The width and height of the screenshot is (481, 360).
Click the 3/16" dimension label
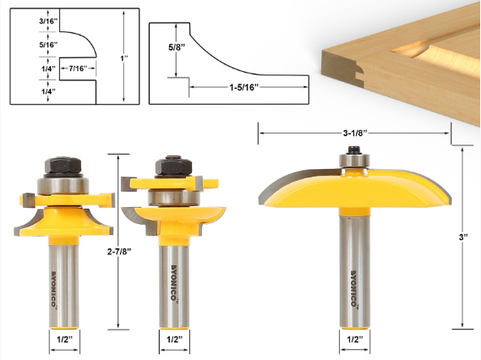[x=48, y=21]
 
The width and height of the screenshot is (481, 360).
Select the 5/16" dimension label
[x=48, y=45]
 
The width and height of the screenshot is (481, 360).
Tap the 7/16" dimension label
[x=78, y=68]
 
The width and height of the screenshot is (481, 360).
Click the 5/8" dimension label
[x=177, y=47]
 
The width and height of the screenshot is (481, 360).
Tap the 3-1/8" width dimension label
[x=355, y=133]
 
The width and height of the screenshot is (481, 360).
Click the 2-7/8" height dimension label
[x=119, y=252]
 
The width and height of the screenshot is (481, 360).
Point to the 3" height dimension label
[x=463, y=237]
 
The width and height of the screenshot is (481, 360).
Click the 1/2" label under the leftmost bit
[x=65, y=340]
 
